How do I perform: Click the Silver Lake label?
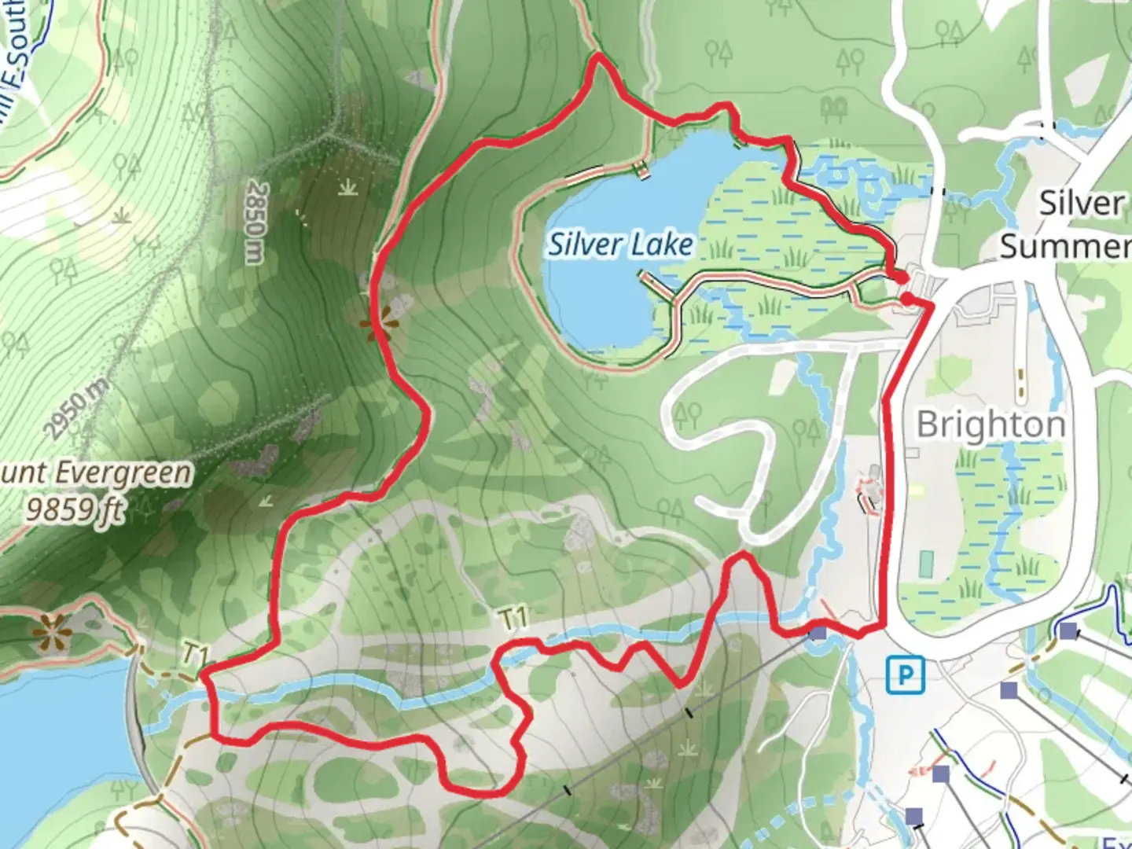(620, 244)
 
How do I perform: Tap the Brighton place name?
(990, 424)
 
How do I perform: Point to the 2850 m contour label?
(256, 223)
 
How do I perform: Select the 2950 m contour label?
(76, 408)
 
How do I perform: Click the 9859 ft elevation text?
(75, 510)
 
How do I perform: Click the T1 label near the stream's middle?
(513, 619)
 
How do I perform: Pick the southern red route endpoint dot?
(906, 299)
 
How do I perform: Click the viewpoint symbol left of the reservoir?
(52, 627)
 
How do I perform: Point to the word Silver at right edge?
(1081, 203)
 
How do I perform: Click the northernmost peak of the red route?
(599, 56)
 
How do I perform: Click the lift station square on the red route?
(818, 632)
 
